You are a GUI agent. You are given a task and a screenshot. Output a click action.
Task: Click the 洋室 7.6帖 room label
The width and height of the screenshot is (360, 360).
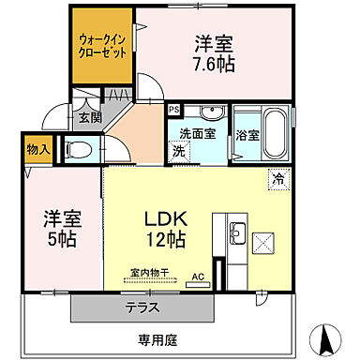(215, 53)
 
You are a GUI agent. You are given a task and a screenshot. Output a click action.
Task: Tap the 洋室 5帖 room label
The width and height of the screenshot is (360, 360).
(59, 230)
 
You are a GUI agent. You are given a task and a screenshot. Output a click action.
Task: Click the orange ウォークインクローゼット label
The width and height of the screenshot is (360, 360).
(103, 47)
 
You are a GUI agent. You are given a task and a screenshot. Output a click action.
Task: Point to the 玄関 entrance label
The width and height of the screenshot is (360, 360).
(89, 118)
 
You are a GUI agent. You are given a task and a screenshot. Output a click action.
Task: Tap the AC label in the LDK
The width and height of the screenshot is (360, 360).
(197, 276)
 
